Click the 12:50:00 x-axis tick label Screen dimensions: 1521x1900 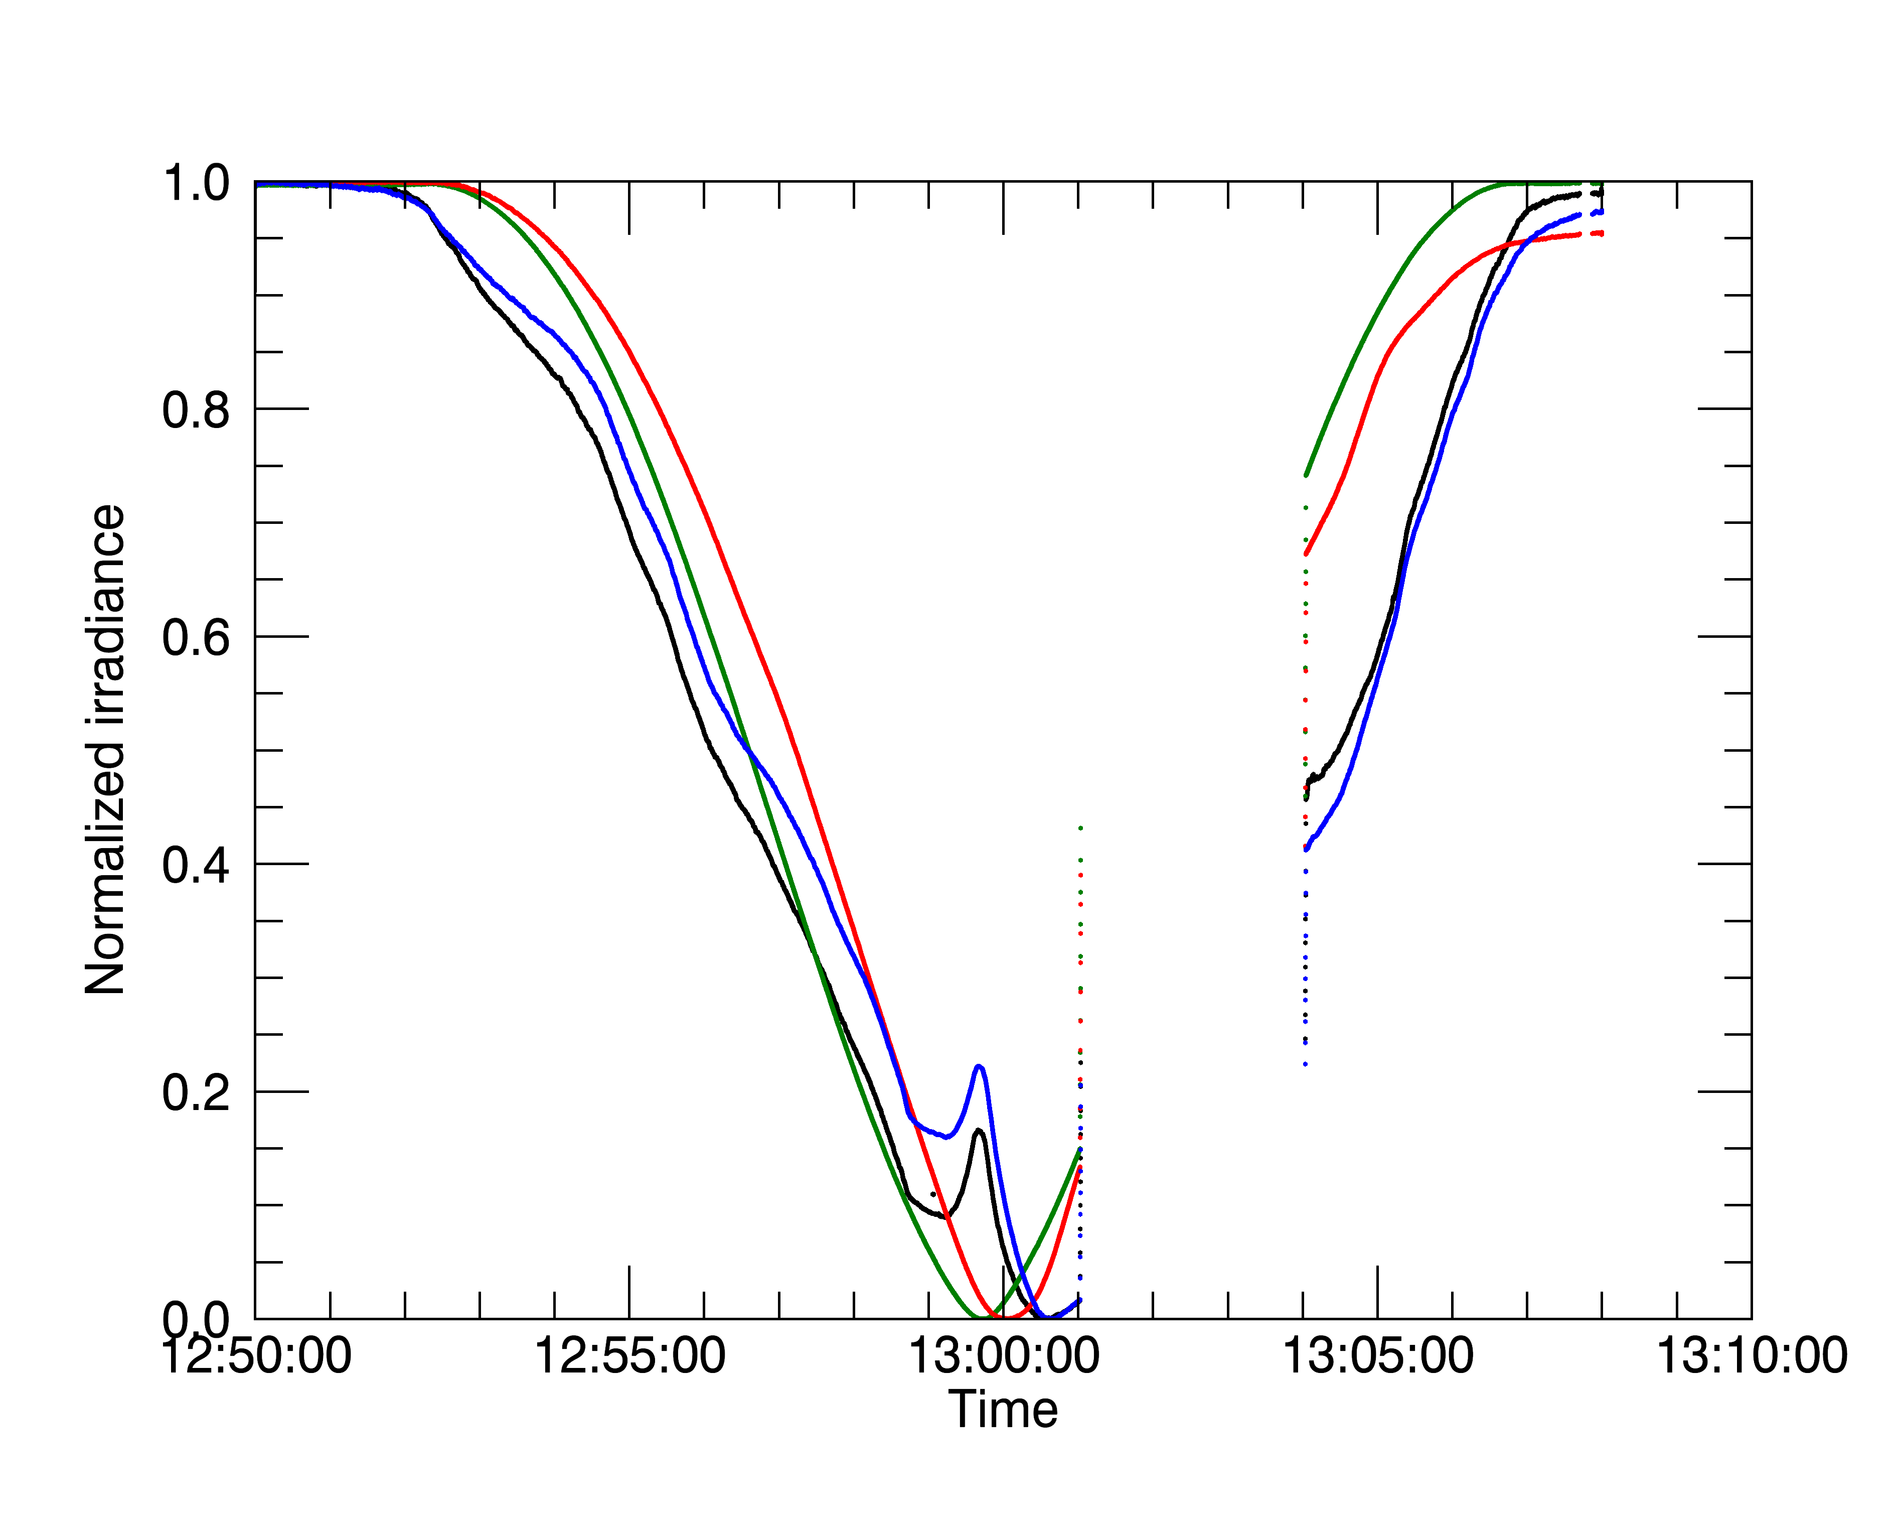[x=256, y=1356]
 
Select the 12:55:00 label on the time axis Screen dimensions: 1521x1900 [x=630, y=1356]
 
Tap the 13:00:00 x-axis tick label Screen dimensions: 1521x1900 [x=1004, y=1356]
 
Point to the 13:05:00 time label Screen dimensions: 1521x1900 [x=1377, y=1356]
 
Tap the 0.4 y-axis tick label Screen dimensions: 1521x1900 [x=196, y=865]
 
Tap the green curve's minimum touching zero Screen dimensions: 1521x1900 [x=980, y=1317]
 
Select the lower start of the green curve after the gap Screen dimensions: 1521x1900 [x=1306, y=475]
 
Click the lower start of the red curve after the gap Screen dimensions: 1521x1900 [x=1306, y=554]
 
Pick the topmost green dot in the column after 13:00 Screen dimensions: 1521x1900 [x=1080, y=828]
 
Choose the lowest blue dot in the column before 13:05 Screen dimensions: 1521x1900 [x=1305, y=1064]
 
